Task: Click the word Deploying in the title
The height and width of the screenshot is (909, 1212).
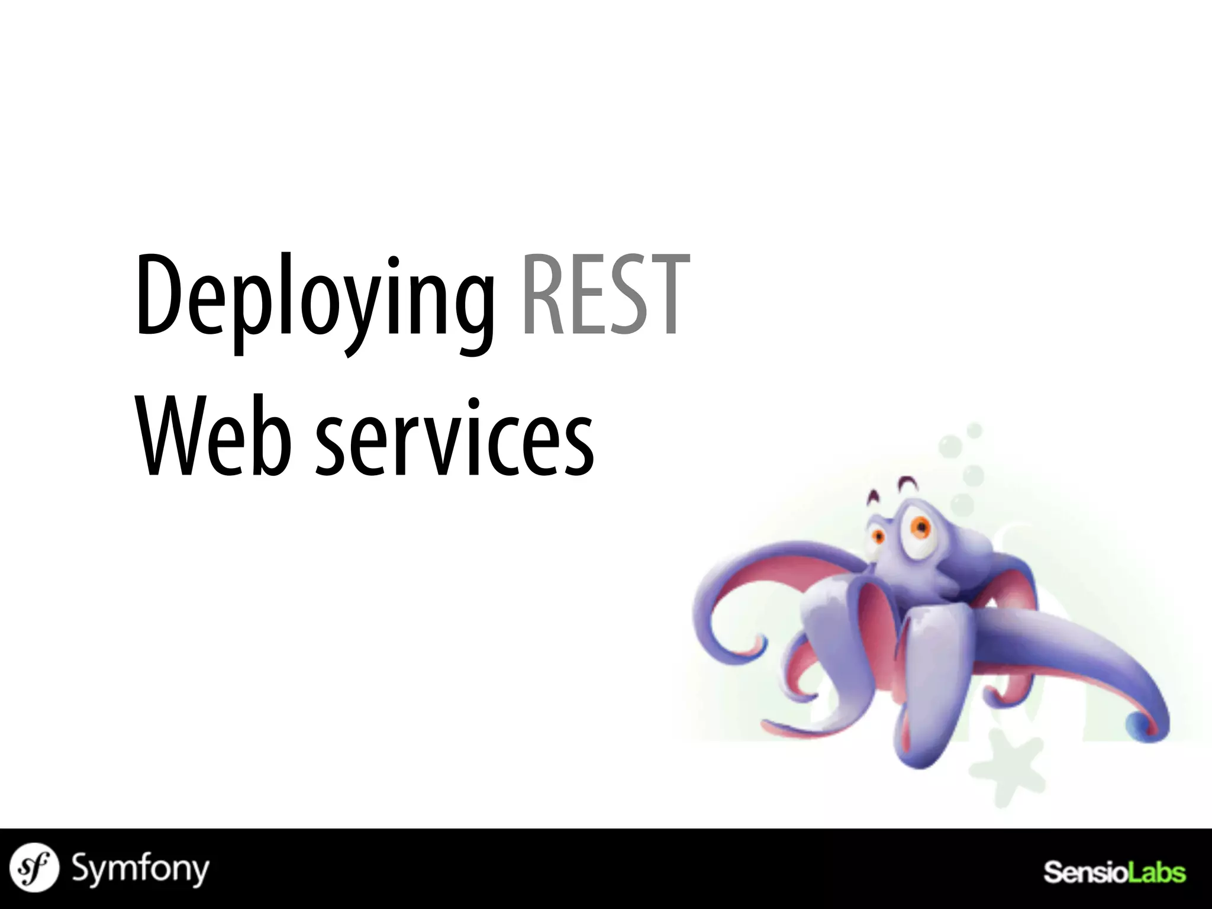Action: click(314, 299)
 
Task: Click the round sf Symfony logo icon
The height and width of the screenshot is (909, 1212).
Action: click(35, 868)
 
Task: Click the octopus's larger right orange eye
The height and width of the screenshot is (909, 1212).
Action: click(919, 526)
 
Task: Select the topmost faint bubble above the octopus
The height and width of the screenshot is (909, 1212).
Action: click(974, 430)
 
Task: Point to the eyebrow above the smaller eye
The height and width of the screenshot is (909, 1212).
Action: click(872, 497)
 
